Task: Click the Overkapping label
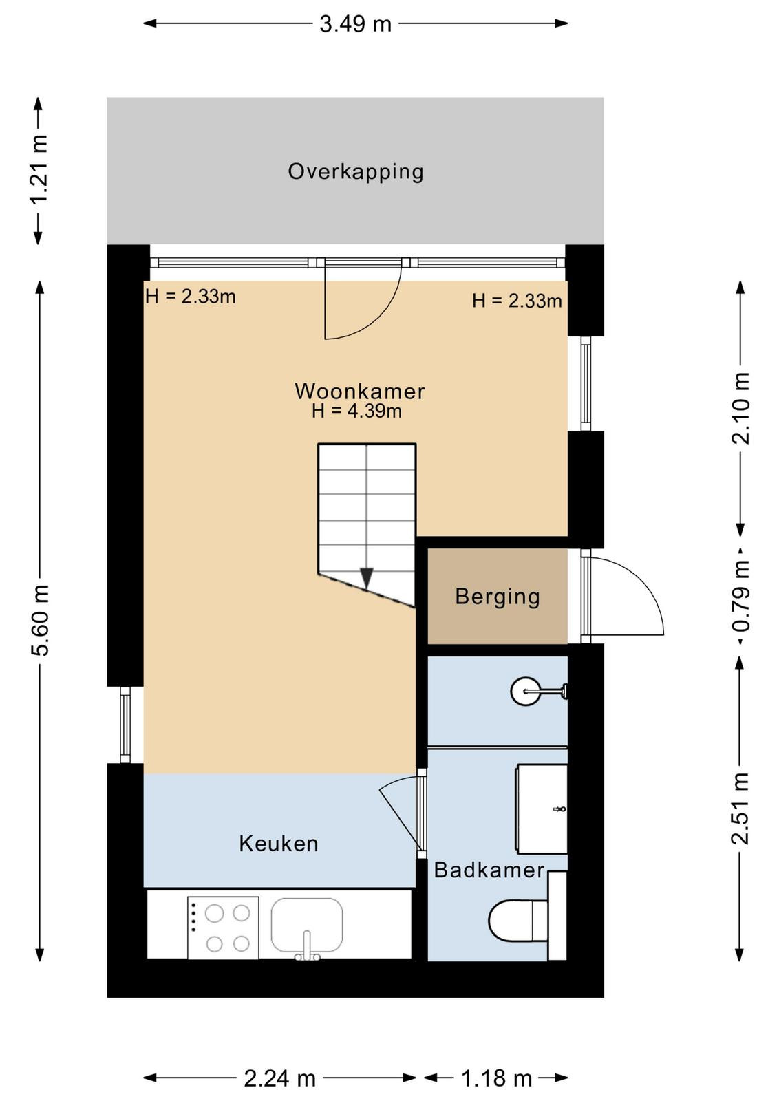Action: pos(355,172)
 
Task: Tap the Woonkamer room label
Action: pos(360,392)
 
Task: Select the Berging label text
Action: pos(498,597)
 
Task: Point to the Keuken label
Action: pos(279,844)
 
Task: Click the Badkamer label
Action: pos(489,870)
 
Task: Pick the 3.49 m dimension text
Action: pos(355,24)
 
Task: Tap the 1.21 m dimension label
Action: pos(39,169)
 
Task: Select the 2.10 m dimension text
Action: pos(740,409)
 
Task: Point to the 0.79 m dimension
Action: pos(740,595)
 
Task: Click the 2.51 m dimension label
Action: pos(740,808)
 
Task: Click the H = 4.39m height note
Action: pos(357,411)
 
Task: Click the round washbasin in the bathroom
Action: pos(525,691)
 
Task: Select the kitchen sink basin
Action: pos(307,926)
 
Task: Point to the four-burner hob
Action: pos(223,928)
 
